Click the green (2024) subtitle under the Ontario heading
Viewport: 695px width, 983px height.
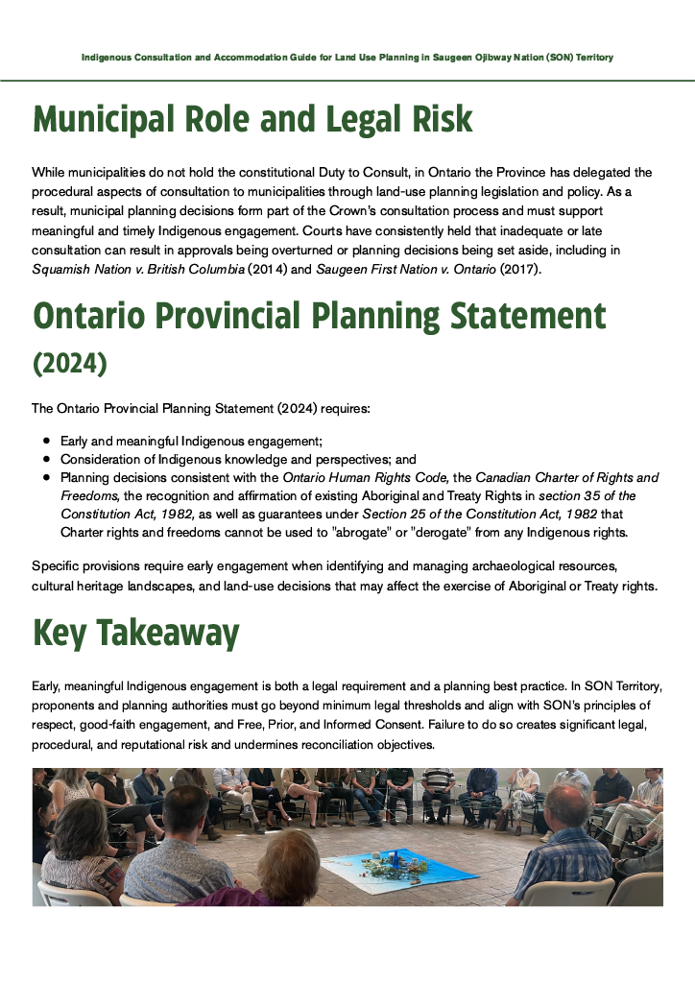pyautogui.click(x=70, y=365)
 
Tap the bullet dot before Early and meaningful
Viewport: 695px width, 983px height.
pyautogui.click(x=46, y=441)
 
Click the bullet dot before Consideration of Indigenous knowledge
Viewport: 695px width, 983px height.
pyautogui.click(x=46, y=459)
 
